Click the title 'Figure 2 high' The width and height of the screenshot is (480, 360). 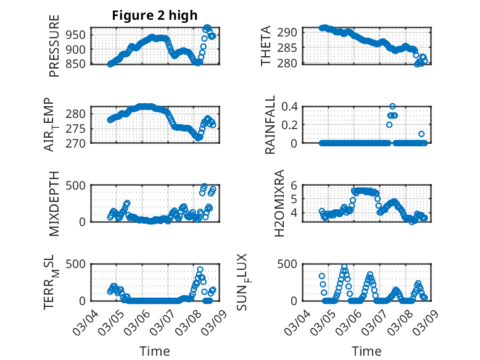(x=155, y=16)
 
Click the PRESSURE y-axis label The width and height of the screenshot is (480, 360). (x=54, y=51)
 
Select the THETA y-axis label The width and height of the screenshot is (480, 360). (x=266, y=46)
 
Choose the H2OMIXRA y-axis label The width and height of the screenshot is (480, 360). (x=279, y=203)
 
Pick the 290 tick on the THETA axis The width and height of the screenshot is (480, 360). (x=292, y=32)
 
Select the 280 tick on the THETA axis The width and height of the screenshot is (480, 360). (x=292, y=63)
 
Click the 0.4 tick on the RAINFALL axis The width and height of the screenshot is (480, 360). (x=291, y=106)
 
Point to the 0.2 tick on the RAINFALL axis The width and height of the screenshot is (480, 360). (x=291, y=124)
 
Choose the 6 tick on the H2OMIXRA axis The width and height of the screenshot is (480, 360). (x=296, y=185)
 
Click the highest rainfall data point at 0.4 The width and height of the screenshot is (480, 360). (x=392, y=106)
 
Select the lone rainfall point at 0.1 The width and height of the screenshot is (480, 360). (x=421, y=134)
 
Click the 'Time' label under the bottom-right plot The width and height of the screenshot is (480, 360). (x=366, y=351)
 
